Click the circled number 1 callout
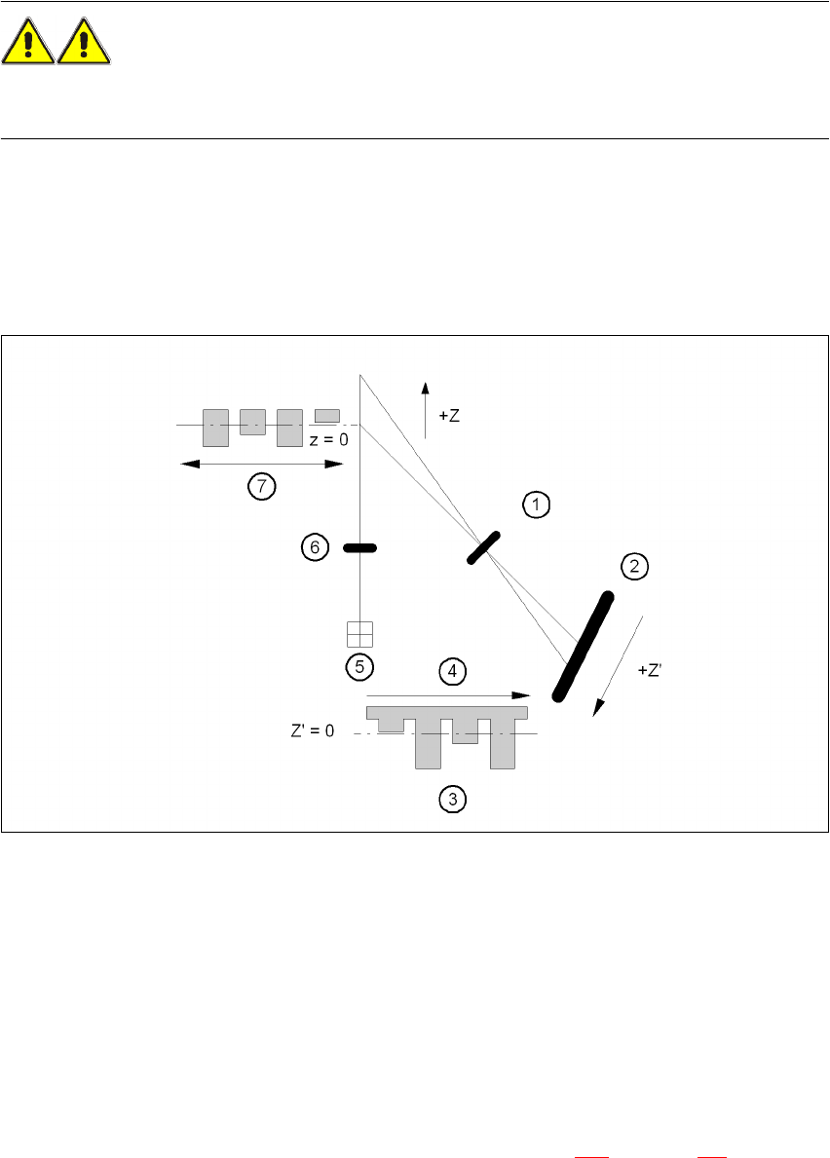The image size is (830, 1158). point(536,504)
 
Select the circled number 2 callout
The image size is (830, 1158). point(634,567)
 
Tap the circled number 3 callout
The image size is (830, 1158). point(452,800)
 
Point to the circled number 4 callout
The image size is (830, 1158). point(452,671)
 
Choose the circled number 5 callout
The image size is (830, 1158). point(360,667)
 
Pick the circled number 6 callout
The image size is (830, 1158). point(315,548)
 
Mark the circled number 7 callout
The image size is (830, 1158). point(262,487)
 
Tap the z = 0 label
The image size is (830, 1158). point(329,439)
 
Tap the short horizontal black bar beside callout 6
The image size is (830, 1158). point(360,549)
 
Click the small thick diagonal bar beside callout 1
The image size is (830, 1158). point(483,547)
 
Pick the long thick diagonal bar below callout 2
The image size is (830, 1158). point(583,646)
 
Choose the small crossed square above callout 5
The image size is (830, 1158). point(360,634)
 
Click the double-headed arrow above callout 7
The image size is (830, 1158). point(262,465)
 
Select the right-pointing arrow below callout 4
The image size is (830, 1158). point(448,695)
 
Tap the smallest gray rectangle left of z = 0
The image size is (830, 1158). point(326,416)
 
